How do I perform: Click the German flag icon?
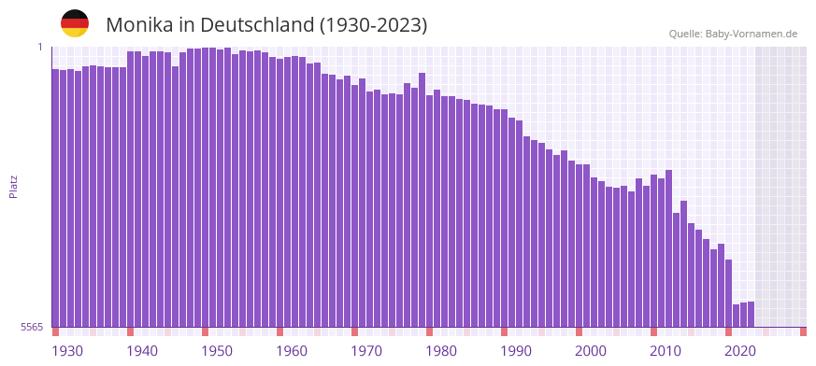[75, 23]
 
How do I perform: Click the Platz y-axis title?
[13, 186]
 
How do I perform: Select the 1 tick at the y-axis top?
[39, 47]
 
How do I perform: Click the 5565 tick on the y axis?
[31, 327]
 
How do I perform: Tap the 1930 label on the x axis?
[67, 351]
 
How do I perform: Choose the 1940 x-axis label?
[142, 351]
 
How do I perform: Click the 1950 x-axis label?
[217, 351]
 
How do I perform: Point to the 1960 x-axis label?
[292, 351]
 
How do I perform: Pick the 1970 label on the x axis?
[366, 351]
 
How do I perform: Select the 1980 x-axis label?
[441, 351]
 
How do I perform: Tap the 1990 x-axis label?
[516, 351]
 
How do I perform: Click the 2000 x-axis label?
[591, 351]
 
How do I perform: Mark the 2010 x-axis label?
[666, 351]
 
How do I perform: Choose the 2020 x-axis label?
[740, 351]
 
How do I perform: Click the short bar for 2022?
[751, 315]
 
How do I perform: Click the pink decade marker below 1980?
[429, 331]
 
